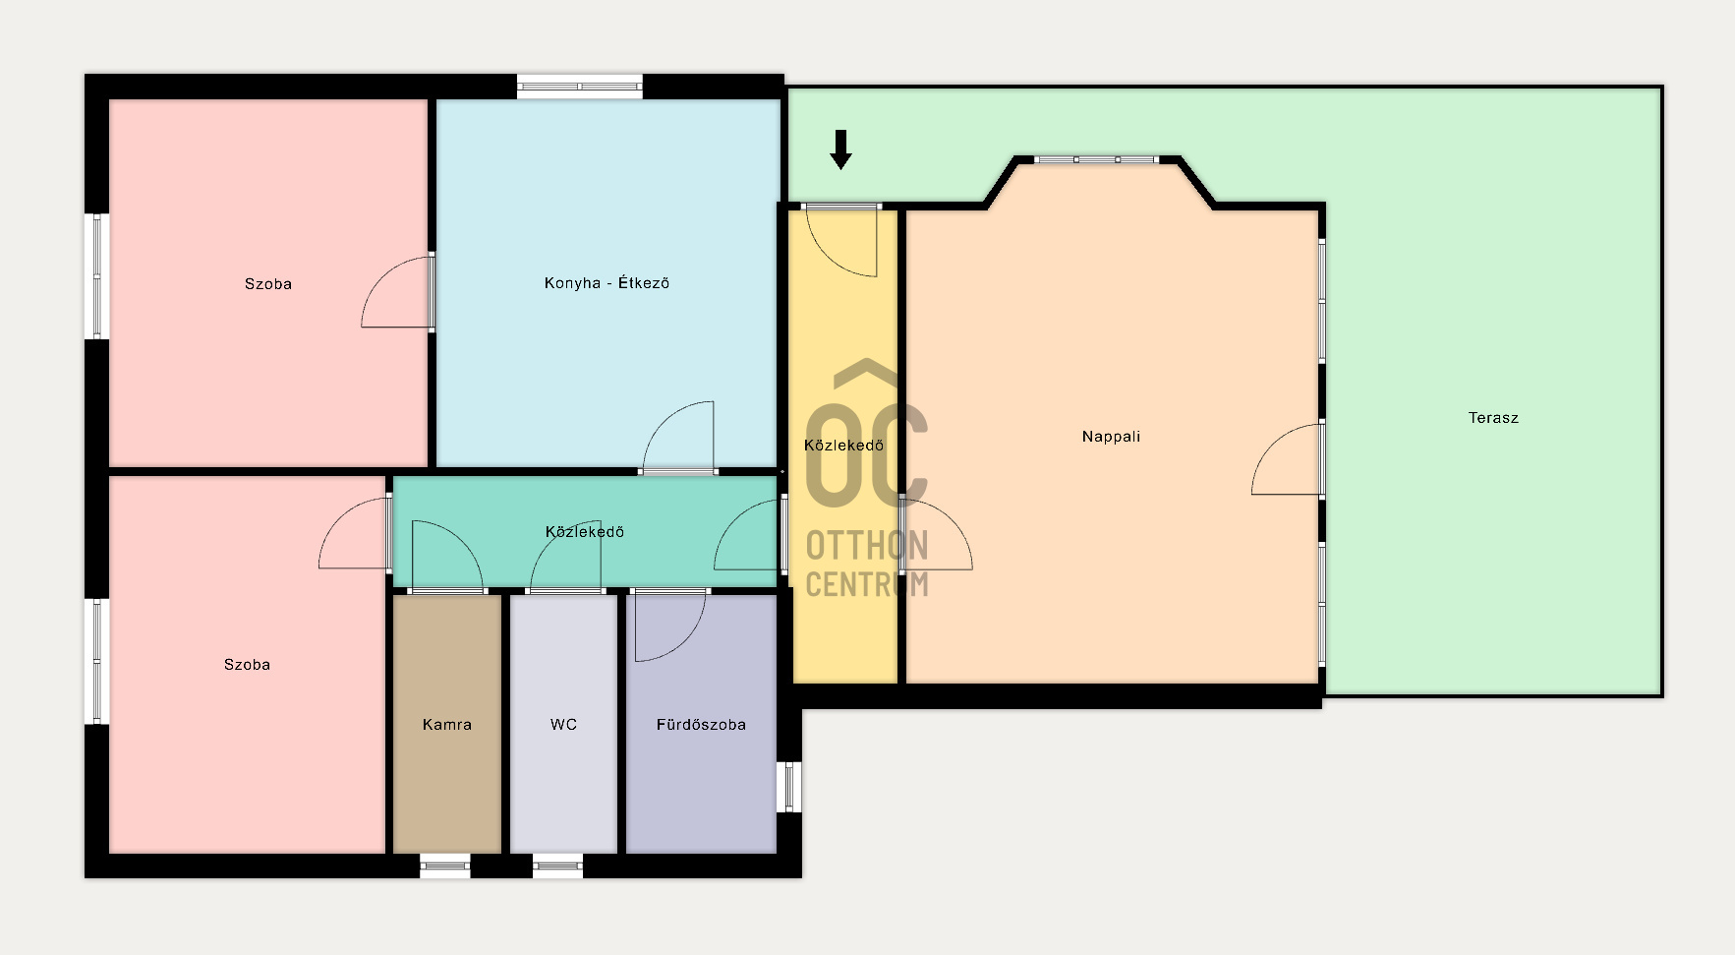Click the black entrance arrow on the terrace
pos(840,149)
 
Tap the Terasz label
pos(1493,418)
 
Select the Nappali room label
pos(1111,437)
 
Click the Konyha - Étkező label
pos(607,283)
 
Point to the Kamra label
pos(447,725)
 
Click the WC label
pos(563,725)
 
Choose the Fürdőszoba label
pos(701,725)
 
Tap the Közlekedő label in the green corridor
pos(585,532)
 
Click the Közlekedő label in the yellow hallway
pos(843,446)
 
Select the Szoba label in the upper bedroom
pos(268,284)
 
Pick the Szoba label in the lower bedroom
pos(247,665)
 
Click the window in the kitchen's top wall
pos(580,87)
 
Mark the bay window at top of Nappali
pos(1096,159)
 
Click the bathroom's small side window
pos(789,787)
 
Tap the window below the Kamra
pos(445,866)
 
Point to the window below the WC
pos(557,866)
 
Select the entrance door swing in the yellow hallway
pos(840,242)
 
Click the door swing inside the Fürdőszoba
pos(669,627)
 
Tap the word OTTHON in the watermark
pos(867,546)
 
